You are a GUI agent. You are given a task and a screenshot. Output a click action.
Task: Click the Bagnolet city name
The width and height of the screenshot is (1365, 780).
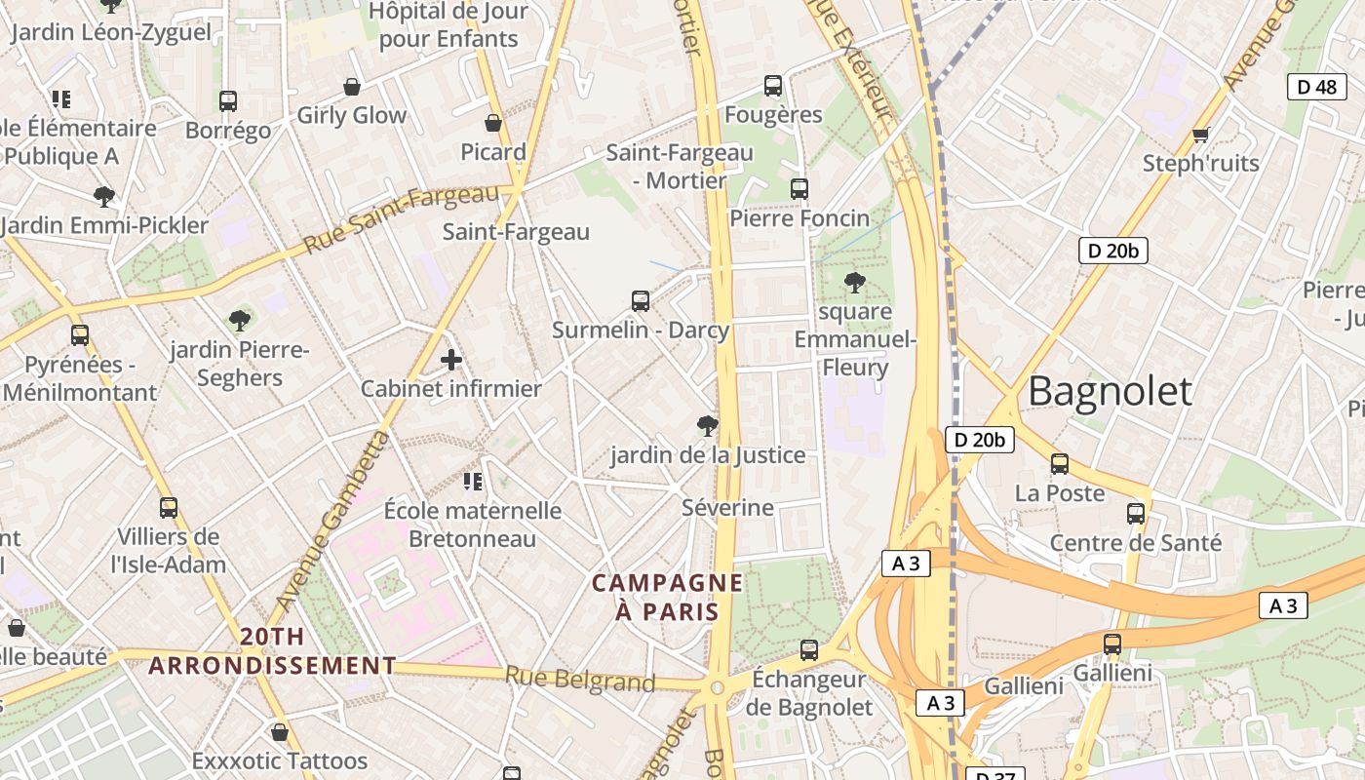pos(1110,391)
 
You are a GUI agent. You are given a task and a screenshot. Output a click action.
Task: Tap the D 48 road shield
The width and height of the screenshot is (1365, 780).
pos(1317,87)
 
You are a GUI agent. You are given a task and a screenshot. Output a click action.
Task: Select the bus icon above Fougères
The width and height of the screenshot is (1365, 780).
pos(773,86)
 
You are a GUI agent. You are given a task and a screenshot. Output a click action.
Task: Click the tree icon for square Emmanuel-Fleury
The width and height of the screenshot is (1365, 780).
pos(855,283)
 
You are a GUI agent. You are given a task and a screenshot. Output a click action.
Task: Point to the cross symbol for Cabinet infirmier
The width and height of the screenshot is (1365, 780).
pos(451,360)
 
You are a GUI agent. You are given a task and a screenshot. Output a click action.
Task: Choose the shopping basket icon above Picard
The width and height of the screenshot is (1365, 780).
pos(493,123)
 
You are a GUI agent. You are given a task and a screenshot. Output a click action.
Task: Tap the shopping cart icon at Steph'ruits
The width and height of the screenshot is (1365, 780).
pos(1200,135)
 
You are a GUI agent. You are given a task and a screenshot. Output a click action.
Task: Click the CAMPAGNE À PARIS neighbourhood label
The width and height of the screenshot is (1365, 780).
pos(668,598)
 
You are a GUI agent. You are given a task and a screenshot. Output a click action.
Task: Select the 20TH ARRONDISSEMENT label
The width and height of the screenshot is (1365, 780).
pos(272,651)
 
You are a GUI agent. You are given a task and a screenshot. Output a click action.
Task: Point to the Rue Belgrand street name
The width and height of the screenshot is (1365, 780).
pos(580,679)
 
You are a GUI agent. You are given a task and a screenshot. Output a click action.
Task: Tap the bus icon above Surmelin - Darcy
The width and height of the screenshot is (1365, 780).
pos(641,300)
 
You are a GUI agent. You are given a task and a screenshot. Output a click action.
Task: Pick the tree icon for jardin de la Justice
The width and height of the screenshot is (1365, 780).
pos(708,425)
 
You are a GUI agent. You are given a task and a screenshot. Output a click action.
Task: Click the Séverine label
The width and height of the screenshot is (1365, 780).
pos(727,508)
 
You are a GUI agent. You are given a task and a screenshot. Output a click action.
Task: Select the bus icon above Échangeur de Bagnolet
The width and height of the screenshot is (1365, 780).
pos(808,649)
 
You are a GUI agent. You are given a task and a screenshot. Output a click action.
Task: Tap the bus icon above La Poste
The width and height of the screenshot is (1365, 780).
pos(1060,464)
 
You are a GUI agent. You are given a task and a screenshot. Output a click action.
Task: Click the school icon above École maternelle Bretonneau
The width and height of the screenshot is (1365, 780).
pos(473,481)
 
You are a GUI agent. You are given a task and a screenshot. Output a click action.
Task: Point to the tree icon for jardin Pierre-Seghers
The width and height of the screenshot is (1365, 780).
pos(239,320)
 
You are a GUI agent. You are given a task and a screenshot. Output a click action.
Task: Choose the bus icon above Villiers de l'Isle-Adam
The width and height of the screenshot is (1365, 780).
pos(169,507)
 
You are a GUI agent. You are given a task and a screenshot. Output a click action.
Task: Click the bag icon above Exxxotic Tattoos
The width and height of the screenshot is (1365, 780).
pos(280,731)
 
